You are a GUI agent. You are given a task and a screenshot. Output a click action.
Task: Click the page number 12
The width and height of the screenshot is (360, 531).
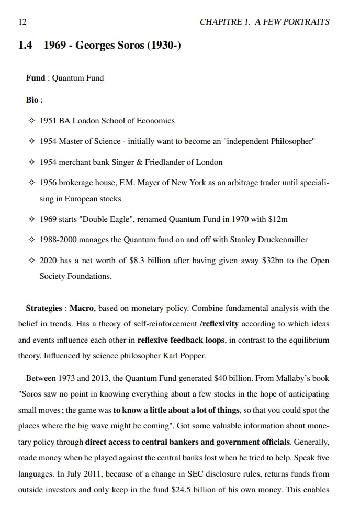(x=22, y=21)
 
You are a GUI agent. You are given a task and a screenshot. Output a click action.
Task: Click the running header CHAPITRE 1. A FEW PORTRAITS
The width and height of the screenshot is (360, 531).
(x=265, y=21)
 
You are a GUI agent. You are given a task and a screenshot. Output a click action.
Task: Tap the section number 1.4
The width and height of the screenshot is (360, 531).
(x=25, y=46)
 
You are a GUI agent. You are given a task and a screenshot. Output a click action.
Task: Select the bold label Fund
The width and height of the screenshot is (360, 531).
(x=36, y=78)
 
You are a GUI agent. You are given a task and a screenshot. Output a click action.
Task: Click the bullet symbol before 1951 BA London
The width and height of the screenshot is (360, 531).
(x=32, y=121)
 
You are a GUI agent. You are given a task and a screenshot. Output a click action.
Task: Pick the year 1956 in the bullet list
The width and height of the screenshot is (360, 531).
(x=48, y=183)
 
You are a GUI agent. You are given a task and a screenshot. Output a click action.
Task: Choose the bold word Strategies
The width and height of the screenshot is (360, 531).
(x=44, y=308)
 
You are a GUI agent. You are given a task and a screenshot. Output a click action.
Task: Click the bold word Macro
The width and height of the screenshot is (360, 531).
(x=82, y=308)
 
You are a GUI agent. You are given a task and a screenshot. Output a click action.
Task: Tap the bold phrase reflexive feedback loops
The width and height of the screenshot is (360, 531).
(x=181, y=340)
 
